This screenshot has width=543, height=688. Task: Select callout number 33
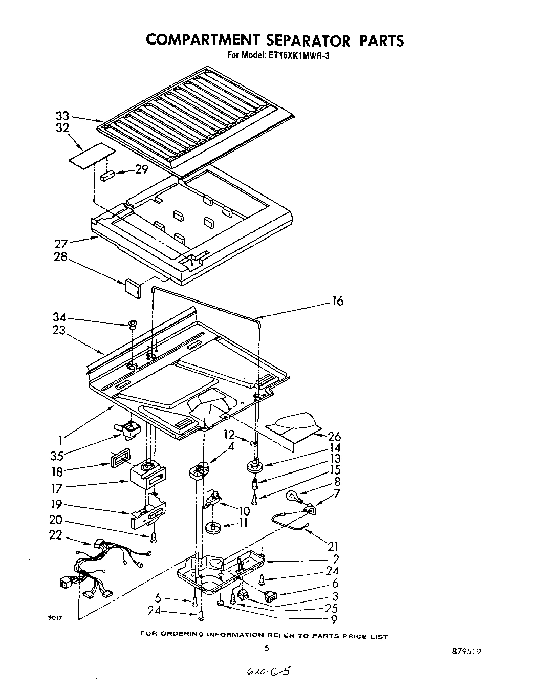[62, 116]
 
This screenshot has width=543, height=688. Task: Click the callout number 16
[337, 302]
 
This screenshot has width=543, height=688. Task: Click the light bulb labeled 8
[293, 494]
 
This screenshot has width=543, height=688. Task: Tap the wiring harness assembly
[105, 568]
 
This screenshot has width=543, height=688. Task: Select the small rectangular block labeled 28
[133, 287]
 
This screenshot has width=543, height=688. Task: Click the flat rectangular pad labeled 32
[91, 157]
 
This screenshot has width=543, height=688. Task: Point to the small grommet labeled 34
[132, 324]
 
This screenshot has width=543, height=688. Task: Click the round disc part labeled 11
[213, 528]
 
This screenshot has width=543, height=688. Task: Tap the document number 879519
[466, 652]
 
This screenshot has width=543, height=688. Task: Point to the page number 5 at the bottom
[266, 648]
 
